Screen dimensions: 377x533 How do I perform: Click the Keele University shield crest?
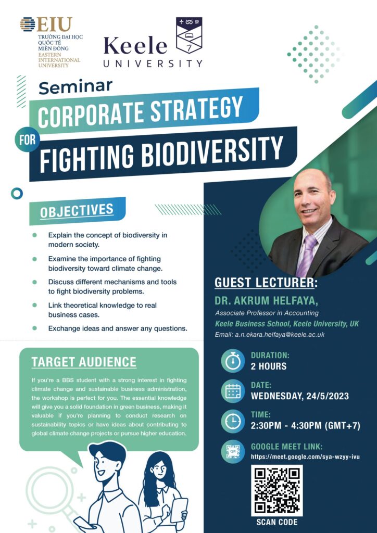(x=189, y=35)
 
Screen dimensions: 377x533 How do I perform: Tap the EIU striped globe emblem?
(x=28, y=24)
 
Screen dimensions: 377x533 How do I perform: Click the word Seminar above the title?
(x=76, y=87)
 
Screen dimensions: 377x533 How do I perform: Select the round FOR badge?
(x=27, y=139)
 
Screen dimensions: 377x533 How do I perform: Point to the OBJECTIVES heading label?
(x=77, y=211)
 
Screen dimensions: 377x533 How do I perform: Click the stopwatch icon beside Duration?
(x=233, y=361)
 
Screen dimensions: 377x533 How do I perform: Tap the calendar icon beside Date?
(x=233, y=391)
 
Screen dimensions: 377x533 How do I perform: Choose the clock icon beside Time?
(x=233, y=421)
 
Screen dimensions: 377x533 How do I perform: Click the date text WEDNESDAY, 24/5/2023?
(x=300, y=396)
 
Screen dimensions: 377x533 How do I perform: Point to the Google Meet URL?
(x=305, y=457)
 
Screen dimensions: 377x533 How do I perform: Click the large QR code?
(x=277, y=490)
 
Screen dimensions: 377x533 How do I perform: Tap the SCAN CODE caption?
(x=277, y=522)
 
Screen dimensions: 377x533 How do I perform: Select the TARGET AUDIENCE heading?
(x=84, y=362)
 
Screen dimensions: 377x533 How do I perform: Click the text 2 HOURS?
(x=269, y=366)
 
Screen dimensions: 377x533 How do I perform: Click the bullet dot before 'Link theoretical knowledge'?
(x=34, y=305)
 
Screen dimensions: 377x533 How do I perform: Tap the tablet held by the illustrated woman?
(x=179, y=510)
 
